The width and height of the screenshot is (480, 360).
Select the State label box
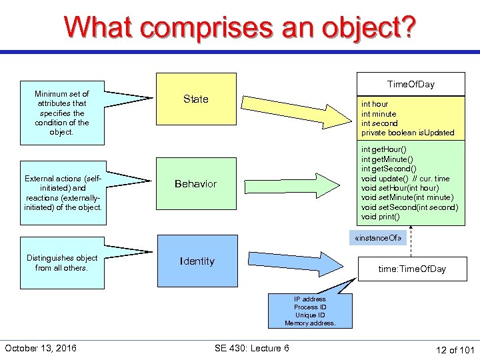point(196,99)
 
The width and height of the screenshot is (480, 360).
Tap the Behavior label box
point(196,184)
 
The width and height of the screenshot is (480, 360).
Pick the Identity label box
point(197,261)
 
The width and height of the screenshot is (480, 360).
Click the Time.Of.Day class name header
point(411,84)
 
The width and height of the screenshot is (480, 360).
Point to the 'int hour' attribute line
point(375,104)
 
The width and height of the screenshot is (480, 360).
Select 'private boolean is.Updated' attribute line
point(407,133)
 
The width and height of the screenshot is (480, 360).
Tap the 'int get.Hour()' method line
point(384,149)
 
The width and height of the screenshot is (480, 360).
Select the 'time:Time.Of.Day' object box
point(411,269)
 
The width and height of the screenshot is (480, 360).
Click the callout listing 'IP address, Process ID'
point(310,311)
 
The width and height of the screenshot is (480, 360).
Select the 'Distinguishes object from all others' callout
point(62,263)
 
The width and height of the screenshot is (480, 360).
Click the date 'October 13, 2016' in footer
point(41,348)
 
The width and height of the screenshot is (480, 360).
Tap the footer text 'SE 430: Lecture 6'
point(252,348)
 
